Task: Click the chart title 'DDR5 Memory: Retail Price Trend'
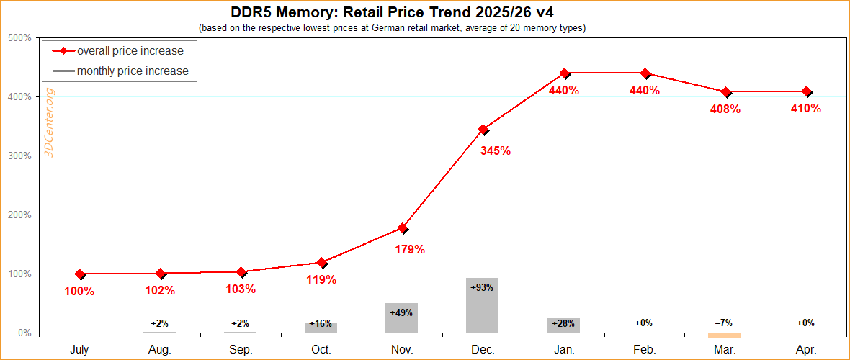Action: coord(392,12)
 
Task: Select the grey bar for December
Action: coord(483,305)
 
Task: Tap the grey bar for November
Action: coord(402,318)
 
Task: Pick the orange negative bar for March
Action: coord(725,335)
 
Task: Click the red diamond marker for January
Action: coord(564,73)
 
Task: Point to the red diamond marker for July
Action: coord(79,274)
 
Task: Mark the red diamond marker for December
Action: coord(483,130)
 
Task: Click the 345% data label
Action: coord(496,150)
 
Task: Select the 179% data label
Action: coord(410,250)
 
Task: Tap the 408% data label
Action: coord(725,109)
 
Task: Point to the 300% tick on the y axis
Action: coord(19,156)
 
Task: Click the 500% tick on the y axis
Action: coord(19,38)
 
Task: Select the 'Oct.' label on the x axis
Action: coord(321,349)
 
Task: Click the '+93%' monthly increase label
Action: coord(482,287)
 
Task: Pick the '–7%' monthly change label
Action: coord(725,323)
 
